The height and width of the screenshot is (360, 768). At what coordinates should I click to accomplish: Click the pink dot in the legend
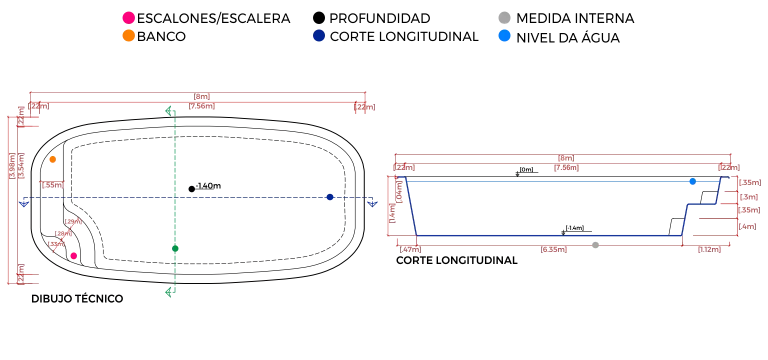[128, 17]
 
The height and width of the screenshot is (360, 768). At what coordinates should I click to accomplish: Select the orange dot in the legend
[128, 36]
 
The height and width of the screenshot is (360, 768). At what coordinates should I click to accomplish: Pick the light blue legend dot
[505, 36]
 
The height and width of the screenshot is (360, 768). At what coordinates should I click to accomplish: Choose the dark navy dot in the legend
[318, 36]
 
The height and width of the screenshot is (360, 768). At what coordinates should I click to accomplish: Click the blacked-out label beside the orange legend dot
[162, 36]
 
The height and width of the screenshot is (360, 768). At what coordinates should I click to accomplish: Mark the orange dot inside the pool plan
[52, 160]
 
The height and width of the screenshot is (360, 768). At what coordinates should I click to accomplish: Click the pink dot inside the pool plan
[73, 256]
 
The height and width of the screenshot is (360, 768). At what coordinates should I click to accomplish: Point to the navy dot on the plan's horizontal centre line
[329, 197]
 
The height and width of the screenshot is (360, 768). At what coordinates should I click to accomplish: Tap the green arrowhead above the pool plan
[170, 111]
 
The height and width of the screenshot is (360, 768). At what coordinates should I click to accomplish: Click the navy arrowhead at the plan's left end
[23, 202]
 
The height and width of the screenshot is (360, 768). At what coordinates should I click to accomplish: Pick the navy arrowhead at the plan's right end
[372, 202]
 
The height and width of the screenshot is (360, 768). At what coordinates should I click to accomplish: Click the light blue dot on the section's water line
[692, 182]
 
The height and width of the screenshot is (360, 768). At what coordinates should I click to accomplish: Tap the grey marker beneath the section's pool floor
[595, 245]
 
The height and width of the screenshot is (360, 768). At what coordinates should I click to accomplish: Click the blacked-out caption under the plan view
[75, 298]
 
